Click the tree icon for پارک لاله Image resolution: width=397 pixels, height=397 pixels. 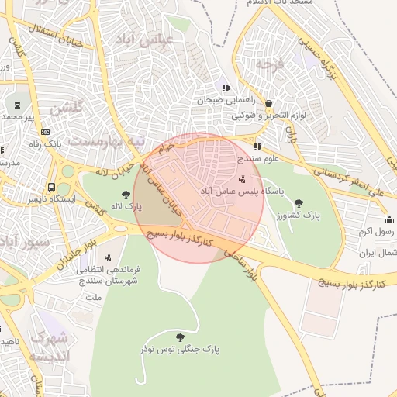coord(126,194)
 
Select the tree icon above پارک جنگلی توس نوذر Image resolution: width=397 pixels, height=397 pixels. coord(181,337)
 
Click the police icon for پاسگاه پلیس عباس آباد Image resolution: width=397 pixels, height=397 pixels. coord(242,180)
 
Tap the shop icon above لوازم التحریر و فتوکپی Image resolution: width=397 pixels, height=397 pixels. coord(268,104)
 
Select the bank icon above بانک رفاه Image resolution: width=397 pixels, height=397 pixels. coord(44,132)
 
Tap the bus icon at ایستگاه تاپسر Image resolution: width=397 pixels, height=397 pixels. coord(51,187)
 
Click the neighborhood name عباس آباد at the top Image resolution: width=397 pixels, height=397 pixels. coord(140,39)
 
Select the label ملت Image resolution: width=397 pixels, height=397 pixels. coord(92,296)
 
